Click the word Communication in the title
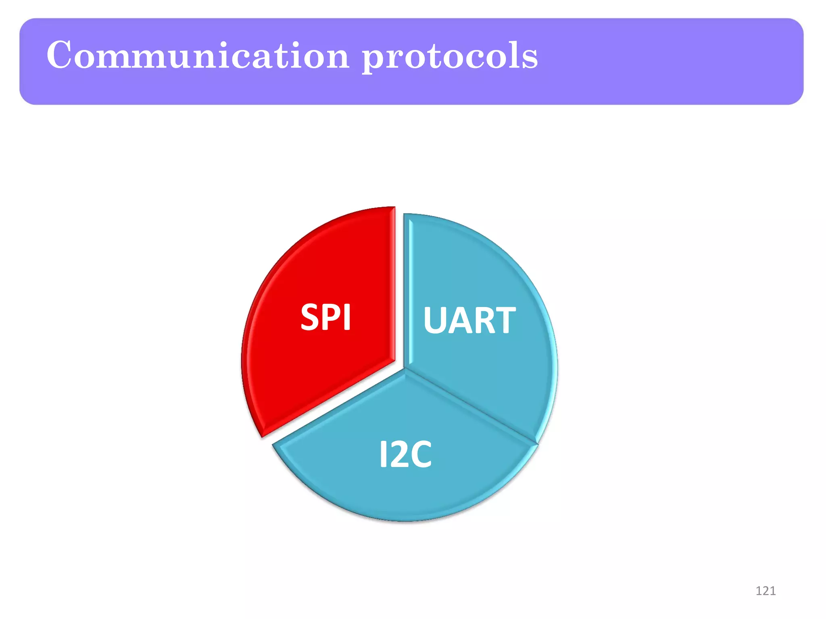pyautogui.click(x=198, y=55)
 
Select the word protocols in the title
pyautogui.click(x=449, y=56)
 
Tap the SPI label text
pyautogui.click(x=325, y=318)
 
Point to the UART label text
pyautogui.click(x=469, y=320)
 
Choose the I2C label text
pyautogui.click(x=405, y=454)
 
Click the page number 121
pyautogui.click(x=765, y=591)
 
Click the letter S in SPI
pyautogui.click(x=310, y=318)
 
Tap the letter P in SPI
pyautogui.click(x=332, y=318)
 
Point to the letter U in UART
pyautogui.click(x=435, y=320)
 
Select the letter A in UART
pyautogui.click(x=459, y=320)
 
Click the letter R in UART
pyautogui.click(x=484, y=320)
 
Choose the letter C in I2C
pyautogui.click(x=420, y=454)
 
